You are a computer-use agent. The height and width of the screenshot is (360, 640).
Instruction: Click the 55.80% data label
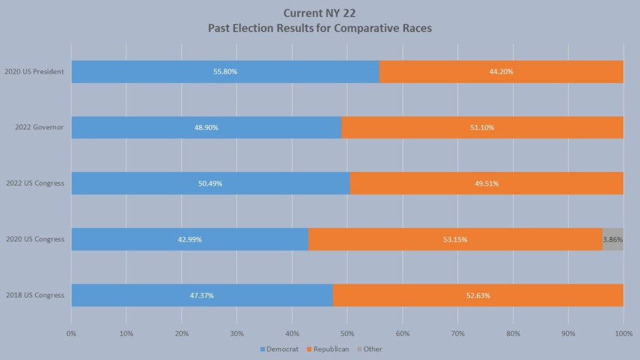[225, 72]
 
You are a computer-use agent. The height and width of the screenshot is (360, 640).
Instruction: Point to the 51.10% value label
[482, 127]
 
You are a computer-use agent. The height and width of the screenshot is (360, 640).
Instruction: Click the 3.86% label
[612, 239]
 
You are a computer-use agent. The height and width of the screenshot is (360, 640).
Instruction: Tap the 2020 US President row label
[34, 72]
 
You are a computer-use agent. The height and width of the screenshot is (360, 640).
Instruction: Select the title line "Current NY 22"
[319, 12]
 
